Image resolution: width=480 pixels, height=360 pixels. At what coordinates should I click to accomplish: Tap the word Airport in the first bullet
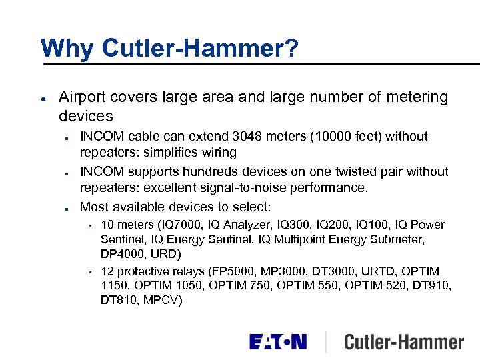click(83, 97)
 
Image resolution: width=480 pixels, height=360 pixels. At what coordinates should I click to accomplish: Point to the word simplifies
click(166, 153)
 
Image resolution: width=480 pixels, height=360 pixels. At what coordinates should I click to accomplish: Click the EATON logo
click(278, 343)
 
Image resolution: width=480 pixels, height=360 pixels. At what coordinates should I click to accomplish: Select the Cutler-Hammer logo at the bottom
click(403, 343)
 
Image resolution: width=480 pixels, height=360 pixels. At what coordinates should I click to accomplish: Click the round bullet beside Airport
click(43, 97)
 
